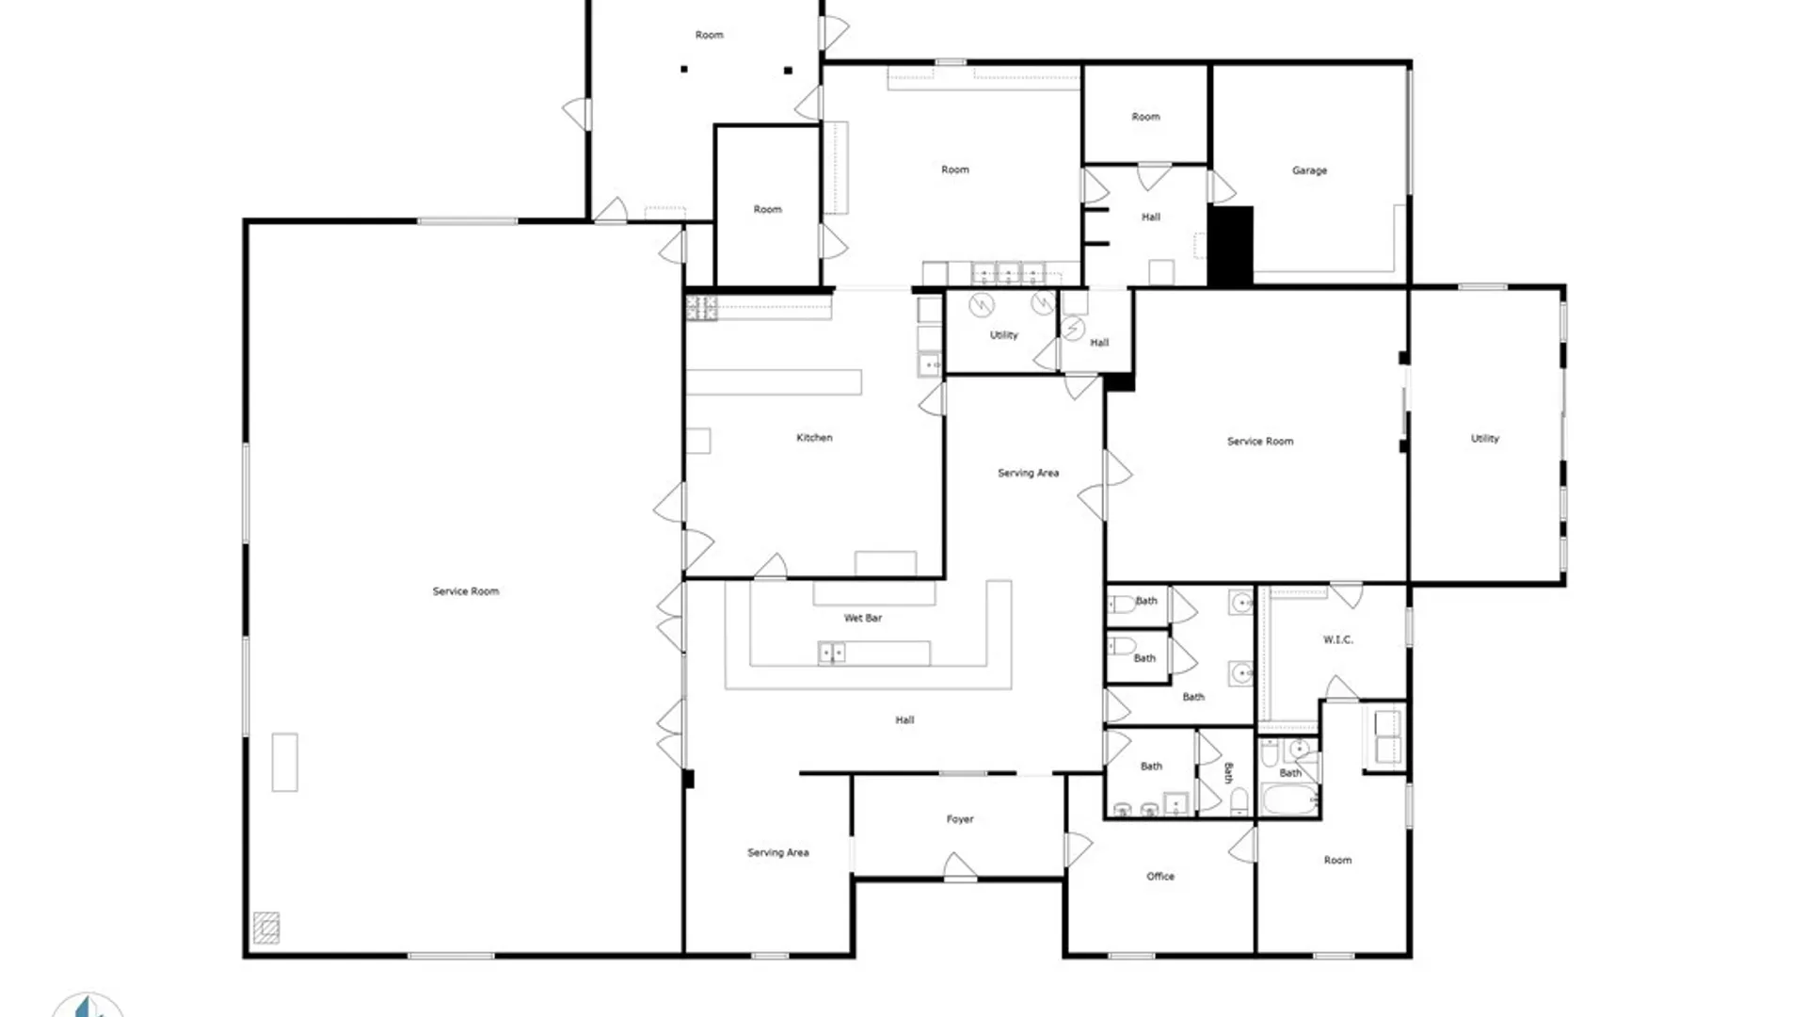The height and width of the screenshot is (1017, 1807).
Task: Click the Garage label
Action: pos(1309,170)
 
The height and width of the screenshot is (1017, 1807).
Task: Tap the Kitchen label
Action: pos(814,437)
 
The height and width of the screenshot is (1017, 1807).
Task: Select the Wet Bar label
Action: pos(863,618)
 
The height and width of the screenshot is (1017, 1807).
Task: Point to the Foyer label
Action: pos(960,819)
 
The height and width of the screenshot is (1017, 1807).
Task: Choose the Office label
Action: pos(1160,876)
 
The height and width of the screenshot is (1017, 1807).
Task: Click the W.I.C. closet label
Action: pos(1338,639)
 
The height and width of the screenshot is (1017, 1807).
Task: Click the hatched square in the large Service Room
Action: pos(266,928)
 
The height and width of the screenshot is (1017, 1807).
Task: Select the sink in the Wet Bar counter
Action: pos(831,653)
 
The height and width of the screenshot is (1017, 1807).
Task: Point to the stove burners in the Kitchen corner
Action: pos(701,308)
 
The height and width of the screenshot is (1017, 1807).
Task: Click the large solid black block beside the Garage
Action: pos(1230,246)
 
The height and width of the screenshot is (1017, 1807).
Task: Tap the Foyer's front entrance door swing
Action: pos(960,865)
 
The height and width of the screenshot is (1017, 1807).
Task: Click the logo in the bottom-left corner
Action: pos(88,1005)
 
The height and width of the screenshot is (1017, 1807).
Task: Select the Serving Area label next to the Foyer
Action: pos(778,852)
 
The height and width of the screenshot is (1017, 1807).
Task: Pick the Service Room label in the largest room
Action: pos(466,591)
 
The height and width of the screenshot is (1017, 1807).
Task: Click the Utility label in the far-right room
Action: pos(1485,438)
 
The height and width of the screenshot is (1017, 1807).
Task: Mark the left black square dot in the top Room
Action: pos(684,69)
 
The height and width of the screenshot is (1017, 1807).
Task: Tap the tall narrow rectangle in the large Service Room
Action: pos(285,762)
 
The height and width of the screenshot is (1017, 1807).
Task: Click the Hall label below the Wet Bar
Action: pos(904,719)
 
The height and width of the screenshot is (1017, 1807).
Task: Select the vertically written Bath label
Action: pos(1227,773)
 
